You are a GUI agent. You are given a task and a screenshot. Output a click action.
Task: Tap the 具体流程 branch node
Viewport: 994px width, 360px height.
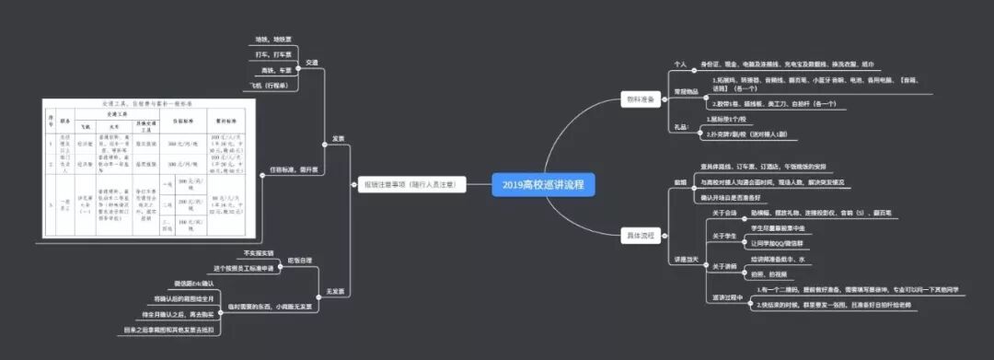[641, 236]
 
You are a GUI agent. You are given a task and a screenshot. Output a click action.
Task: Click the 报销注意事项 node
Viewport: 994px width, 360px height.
[410, 184]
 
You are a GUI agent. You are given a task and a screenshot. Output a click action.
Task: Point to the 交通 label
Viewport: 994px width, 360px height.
[311, 62]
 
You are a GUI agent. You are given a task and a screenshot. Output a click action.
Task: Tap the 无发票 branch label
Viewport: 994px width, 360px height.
[336, 292]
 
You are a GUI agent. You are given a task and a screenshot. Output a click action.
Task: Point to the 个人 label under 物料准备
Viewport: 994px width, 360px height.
[681, 64]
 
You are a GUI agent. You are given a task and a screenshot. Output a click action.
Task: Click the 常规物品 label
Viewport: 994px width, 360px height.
[687, 91]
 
